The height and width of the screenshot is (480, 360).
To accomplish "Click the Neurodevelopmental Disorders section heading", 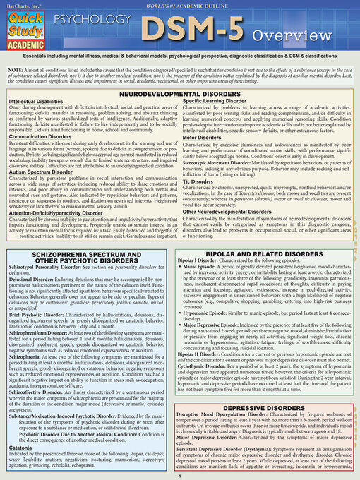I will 179,92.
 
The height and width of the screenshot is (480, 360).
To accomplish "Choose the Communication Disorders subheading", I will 44,138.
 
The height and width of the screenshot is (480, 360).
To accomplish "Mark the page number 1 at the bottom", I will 180,476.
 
